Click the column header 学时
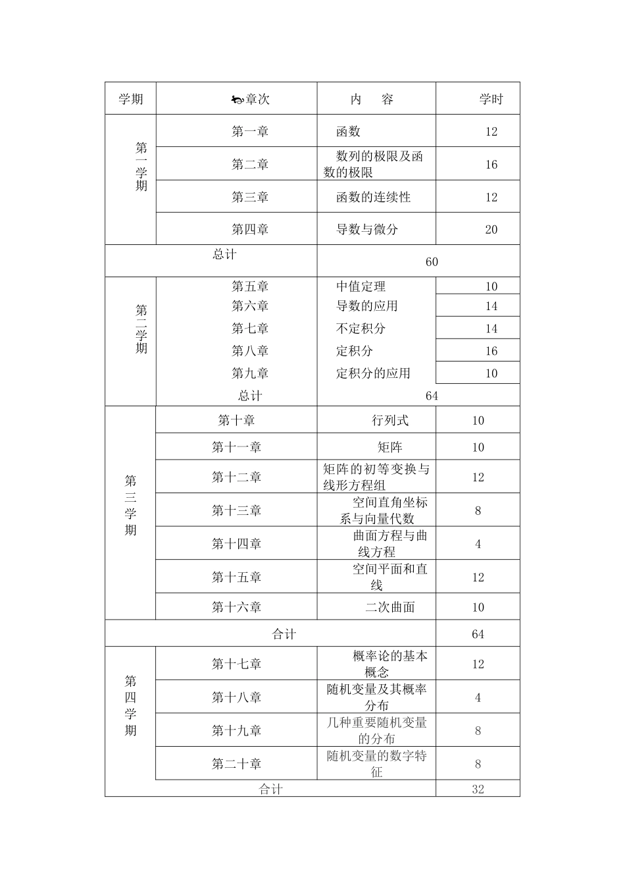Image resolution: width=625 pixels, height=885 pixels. pyautogui.click(x=491, y=99)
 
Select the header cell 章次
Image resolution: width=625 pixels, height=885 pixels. pyautogui.click(x=257, y=99)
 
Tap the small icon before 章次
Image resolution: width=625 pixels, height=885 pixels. pyautogui.click(x=237, y=100)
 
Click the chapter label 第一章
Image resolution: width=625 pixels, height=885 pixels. pyautogui.click(x=250, y=132)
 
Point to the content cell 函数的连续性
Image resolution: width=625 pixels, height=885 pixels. pyautogui.click(x=373, y=197)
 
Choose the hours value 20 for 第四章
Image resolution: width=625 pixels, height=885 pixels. pyautogui.click(x=491, y=230)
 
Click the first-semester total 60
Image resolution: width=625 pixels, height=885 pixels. pyautogui.click(x=432, y=262)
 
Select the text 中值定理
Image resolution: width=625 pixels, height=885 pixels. pyautogui.click(x=361, y=286)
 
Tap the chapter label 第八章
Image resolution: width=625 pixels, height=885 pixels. pyautogui.click(x=250, y=351)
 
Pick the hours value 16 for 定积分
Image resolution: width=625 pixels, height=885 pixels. pyautogui.click(x=491, y=351)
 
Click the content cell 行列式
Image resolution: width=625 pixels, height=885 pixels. pyautogui.click(x=390, y=420)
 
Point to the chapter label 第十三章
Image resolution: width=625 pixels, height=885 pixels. pyautogui.click(x=237, y=510)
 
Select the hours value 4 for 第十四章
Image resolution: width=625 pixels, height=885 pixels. pyautogui.click(x=478, y=544)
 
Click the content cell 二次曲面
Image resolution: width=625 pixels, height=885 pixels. pyautogui.click(x=390, y=607)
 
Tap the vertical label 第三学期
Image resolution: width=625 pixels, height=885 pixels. pyautogui.click(x=131, y=505)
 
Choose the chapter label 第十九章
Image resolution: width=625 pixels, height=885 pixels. pyautogui.click(x=237, y=730)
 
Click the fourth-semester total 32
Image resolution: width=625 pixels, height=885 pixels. pyautogui.click(x=478, y=789)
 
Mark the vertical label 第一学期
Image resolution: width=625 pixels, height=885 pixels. pyautogui.click(x=141, y=167)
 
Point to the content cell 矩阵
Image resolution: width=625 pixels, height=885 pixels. pyautogui.click(x=390, y=447)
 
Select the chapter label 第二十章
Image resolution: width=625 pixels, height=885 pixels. pyautogui.click(x=237, y=764)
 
